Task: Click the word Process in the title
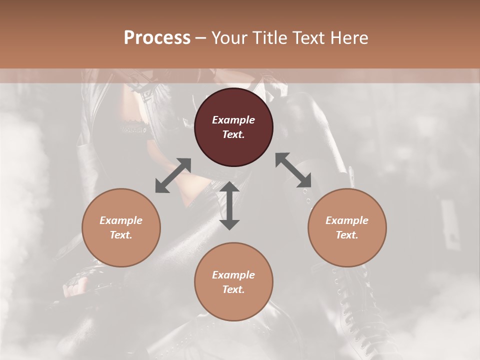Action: pos(157,38)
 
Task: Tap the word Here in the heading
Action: pos(348,38)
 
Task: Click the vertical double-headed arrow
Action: pos(229,206)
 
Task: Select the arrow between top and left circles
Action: pos(173,175)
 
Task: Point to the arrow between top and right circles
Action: pos(293,170)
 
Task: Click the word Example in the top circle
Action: pos(233,120)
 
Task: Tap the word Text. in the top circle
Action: pos(233,134)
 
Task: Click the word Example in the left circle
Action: pos(121,220)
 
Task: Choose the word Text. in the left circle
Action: pos(121,235)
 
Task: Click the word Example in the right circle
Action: pos(347,220)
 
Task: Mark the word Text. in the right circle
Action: pos(347,235)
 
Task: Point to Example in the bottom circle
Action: pos(233,275)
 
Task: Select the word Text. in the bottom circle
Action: pos(233,289)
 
